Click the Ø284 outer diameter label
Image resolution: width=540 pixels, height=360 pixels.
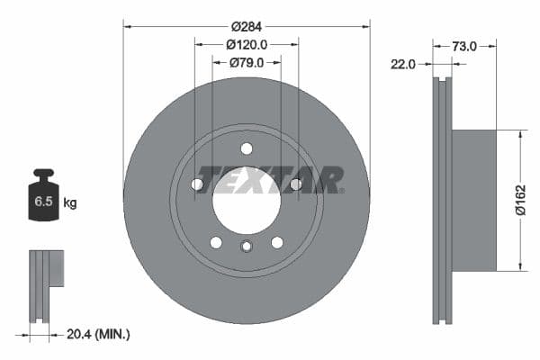point(247,27)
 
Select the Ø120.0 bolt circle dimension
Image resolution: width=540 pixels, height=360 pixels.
point(247,44)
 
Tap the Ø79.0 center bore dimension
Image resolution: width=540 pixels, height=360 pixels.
point(247,62)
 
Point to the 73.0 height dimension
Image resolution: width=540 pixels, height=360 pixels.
point(464,45)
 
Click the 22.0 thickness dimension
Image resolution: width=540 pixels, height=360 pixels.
point(402,63)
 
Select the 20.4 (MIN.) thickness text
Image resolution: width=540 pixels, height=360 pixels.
point(99,334)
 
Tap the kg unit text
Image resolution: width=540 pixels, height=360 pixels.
point(69,203)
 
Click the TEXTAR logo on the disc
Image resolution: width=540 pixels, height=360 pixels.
point(270,179)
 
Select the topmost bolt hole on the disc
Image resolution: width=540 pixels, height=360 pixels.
point(247,148)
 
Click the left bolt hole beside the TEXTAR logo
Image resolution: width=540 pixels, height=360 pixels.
point(197,184)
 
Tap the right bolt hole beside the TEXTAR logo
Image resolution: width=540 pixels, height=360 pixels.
point(295,184)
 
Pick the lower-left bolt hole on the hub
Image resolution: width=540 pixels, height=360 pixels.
point(216,242)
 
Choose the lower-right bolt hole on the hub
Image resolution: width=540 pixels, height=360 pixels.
point(277,242)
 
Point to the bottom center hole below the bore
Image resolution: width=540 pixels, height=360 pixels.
point(247,247)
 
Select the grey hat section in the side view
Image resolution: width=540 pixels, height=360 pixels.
point(473,200)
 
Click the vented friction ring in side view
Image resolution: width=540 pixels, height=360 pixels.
point(441,200)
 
